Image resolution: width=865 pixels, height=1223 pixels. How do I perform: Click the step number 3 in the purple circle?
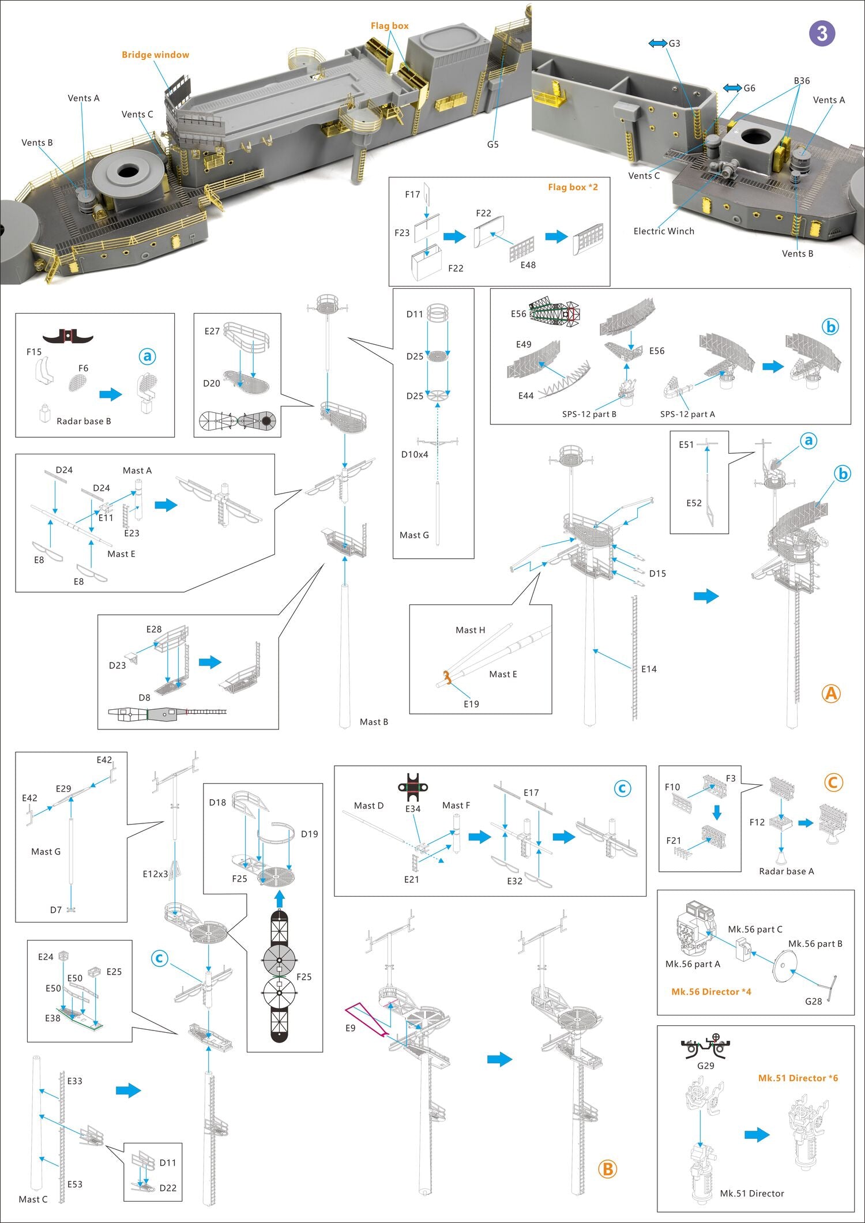[822, 33]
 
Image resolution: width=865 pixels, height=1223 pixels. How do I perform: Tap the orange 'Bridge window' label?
[155, 55]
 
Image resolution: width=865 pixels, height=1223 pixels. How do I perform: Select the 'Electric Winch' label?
[664, 231]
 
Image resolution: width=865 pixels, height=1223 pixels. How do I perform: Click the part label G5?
[492, 144]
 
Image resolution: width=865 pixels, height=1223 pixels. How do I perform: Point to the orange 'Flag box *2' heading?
[573, 187]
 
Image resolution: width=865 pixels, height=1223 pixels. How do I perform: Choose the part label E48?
[528, 265]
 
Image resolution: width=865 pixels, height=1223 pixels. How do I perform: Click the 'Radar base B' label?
[84, 421]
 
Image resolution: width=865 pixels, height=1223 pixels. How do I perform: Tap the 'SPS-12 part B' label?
[589, 414]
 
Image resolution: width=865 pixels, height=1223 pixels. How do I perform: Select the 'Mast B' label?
[374, 722]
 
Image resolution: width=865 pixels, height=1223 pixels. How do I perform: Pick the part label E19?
[471, 704]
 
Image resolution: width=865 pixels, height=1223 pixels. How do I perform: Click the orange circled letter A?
[831, 694]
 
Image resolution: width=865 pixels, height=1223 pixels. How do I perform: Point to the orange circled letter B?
[607, 1169]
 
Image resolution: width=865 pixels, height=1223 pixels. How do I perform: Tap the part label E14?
[649, 669]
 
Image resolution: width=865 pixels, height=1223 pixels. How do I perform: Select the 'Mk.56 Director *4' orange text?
[711, 992]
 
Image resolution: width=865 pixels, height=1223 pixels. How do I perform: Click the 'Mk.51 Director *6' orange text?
[798, 1078]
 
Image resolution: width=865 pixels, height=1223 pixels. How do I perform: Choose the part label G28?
[813, 1002]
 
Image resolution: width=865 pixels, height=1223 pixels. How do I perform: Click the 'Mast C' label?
[33, 1199]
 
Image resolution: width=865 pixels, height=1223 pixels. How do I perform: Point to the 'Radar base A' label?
[786, 871]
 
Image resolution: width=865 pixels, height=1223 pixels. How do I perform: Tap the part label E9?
[350, 1028]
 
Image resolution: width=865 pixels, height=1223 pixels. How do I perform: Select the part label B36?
[802, 81]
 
